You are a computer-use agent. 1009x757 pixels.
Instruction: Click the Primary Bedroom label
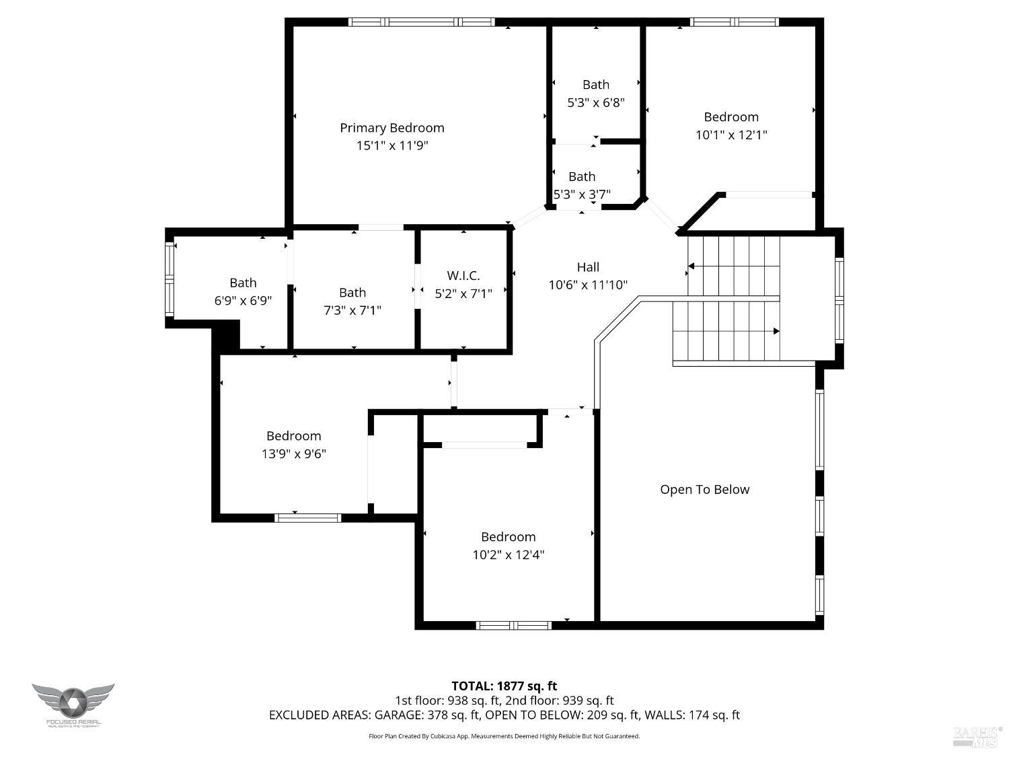point(391,128)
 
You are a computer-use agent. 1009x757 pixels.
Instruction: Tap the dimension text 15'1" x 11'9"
point(391,145)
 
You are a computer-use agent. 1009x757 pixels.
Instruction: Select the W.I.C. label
point(463,275)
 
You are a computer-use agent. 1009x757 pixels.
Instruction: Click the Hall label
point(588,267)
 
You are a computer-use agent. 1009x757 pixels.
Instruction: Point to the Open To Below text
point(704,489)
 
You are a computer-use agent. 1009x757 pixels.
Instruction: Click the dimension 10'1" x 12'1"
point(731,135)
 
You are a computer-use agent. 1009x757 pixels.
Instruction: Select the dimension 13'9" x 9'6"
point(293,454)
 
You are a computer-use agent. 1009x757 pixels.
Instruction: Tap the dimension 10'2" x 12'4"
point(508,554)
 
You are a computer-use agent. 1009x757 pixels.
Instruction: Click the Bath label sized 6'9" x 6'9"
point(243,283)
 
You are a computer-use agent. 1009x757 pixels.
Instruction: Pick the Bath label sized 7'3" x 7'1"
point(352,292)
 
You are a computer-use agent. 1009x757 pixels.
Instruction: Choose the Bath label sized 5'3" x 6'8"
point(595,84)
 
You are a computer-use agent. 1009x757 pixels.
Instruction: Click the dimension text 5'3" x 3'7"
point(582,194)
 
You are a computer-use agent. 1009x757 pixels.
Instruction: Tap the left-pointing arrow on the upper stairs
point(691,266)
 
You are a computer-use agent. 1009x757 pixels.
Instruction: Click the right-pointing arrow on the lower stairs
point(776,331)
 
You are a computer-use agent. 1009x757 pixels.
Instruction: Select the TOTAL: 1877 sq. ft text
point(504,686)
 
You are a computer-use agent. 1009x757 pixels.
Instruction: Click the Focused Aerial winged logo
point(73,701)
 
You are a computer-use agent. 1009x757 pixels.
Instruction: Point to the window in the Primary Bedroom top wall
point(422,22)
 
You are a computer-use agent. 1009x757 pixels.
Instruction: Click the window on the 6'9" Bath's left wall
point(170,279)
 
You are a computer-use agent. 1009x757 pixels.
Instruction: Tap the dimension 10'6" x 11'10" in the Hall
point(588,285)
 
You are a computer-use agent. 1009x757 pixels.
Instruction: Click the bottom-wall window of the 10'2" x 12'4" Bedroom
point(513,625)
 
